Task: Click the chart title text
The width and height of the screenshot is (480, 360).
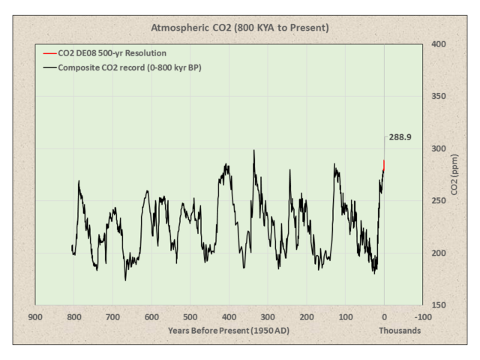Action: click(x=240, y=28)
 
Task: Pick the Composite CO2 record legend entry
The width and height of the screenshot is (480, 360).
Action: click(x=124, y=67)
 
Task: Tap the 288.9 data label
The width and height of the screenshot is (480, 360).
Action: click(x=401, y=138)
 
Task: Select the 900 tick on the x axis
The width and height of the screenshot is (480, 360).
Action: click(x=34, y=316)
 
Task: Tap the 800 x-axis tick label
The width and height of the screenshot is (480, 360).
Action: click(x=73, y=316)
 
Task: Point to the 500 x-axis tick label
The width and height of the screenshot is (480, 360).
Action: click(x=190, y=316)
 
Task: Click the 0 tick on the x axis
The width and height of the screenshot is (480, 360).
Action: click(x=385, y=316)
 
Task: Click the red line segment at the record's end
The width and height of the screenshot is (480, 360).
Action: click(x=384, y=164)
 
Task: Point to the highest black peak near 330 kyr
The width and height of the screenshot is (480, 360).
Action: click(x=254, y=151)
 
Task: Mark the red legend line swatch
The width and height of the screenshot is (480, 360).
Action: click(x=49, y=53)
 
